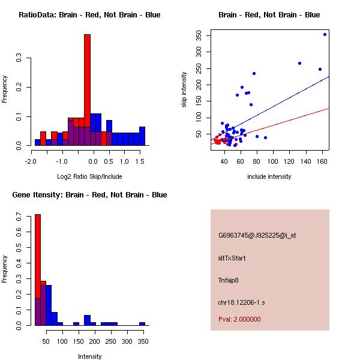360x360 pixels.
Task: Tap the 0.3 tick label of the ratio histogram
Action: click(x=19, y=59)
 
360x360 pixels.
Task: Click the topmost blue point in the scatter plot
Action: click(x=325, y=35)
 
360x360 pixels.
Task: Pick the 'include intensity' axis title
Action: click(x=269, y=176)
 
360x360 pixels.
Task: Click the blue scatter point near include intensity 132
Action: click(x=299, y=63)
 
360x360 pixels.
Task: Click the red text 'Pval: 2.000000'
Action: click(x=239, y=319)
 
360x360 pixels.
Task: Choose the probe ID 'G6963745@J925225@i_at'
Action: click(x=257, y=235)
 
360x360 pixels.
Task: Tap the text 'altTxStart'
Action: click(x=232, y=258)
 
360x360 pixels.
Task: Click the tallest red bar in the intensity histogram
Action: click(x=37, y=270)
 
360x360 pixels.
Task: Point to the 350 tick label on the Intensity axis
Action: click(x=142, y=341)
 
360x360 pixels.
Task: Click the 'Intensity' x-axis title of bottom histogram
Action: click(x=89, y=356)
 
